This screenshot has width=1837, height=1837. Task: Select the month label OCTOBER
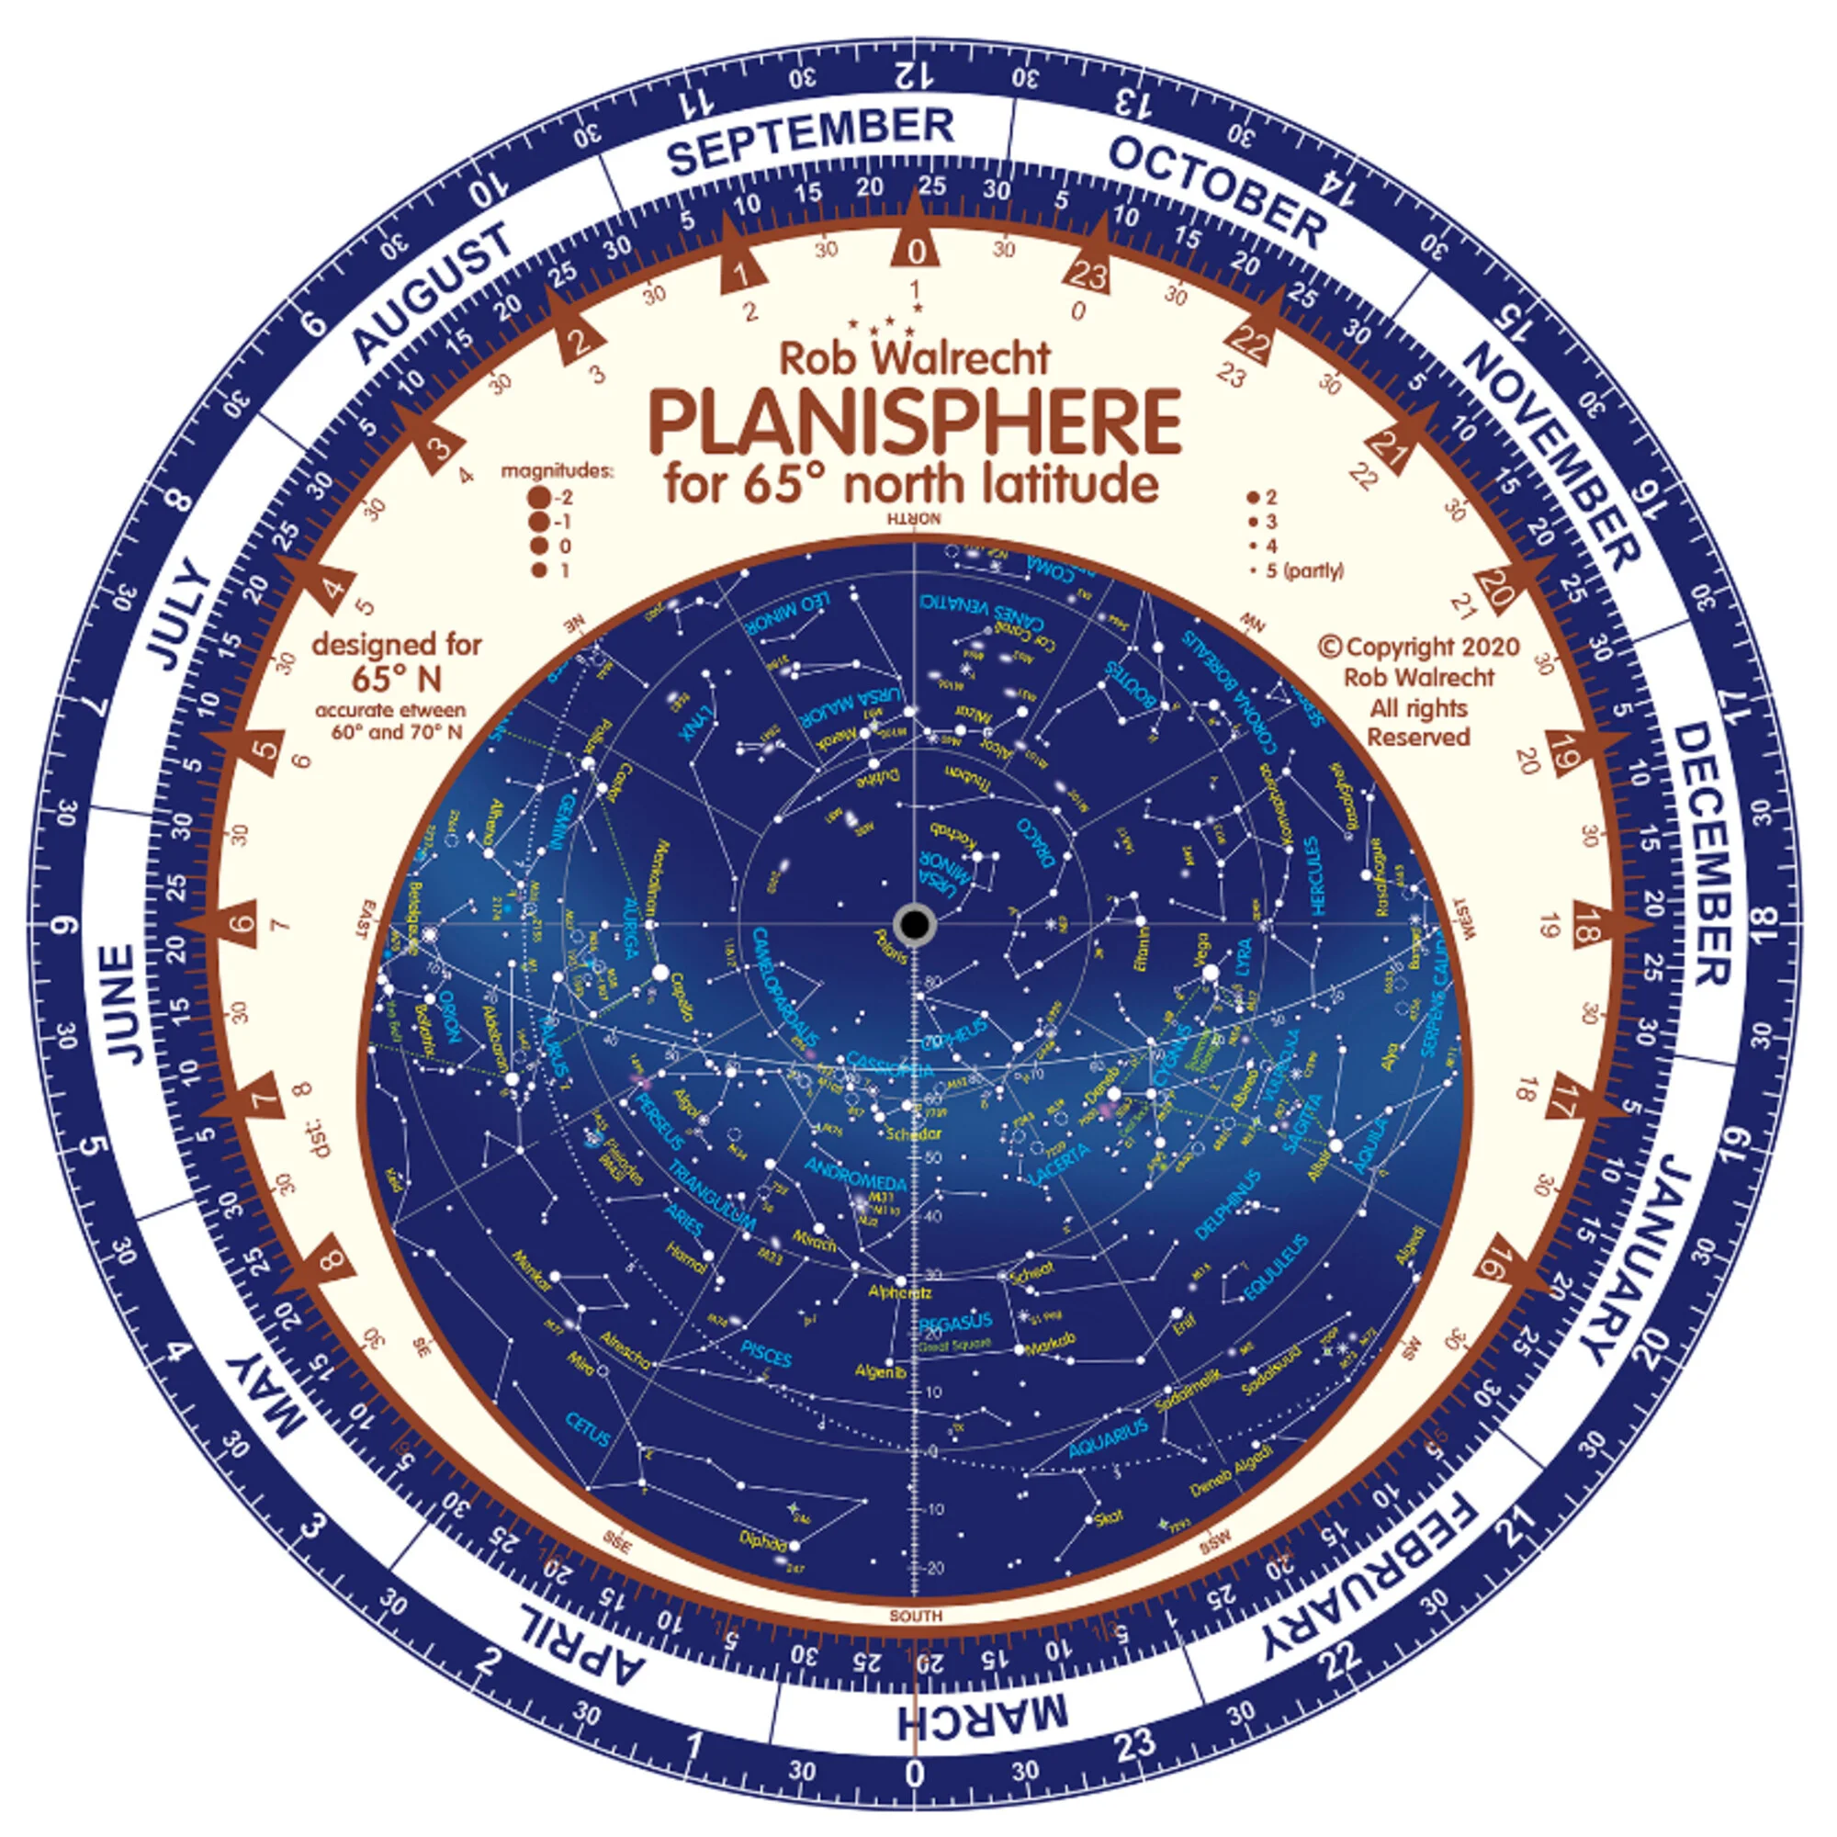(x=1217, y=192)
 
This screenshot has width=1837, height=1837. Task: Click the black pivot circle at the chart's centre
(x=915, y=923)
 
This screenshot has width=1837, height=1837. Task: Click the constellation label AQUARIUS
(x=1108, y=1439)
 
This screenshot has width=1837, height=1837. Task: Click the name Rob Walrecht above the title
(x=915, y=357)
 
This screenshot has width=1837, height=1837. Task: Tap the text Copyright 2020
(x=1419, y=648)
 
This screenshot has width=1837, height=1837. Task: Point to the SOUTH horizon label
(x=916, y=1616)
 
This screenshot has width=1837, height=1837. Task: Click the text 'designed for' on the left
(x=397, y=645)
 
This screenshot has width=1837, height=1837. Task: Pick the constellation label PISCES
(x=766, y=1353)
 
